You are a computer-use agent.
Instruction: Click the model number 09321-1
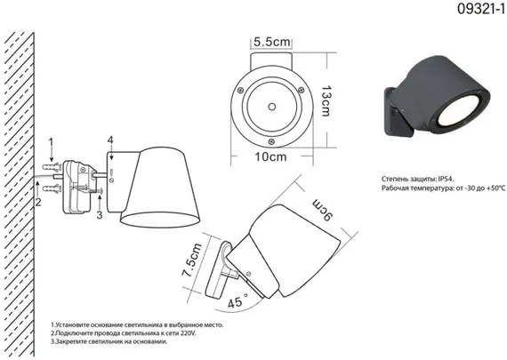(x=481, y=9)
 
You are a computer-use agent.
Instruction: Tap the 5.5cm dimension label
(x=271, y=42)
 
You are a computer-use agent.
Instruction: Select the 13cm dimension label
(x=326, y=100)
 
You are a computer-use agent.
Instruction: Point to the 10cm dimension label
(x=270, y=156)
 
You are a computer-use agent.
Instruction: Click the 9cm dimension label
(x=322, y=211)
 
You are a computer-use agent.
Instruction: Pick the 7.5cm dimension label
(x=192, y=260)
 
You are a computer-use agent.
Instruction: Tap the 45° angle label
(x=237, y=300)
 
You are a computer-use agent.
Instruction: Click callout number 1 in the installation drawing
(x=51, y=143)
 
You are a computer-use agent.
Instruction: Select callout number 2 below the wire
(x=38, y=203)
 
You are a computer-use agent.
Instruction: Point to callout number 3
(x=100, y=214)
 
